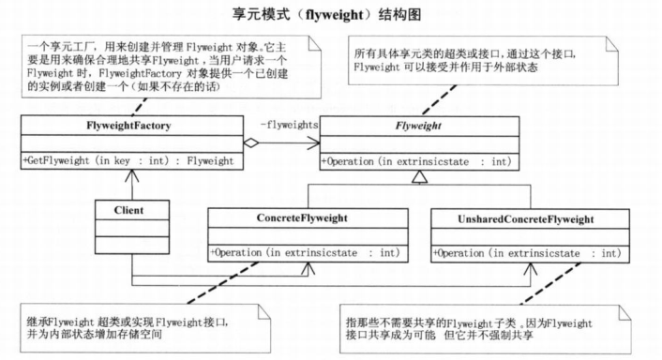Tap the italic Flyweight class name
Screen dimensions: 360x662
coord(415,125)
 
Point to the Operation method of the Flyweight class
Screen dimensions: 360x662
coord(415,160)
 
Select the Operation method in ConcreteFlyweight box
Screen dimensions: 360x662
coord(308,252)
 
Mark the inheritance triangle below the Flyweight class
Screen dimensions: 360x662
coord(421,176)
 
